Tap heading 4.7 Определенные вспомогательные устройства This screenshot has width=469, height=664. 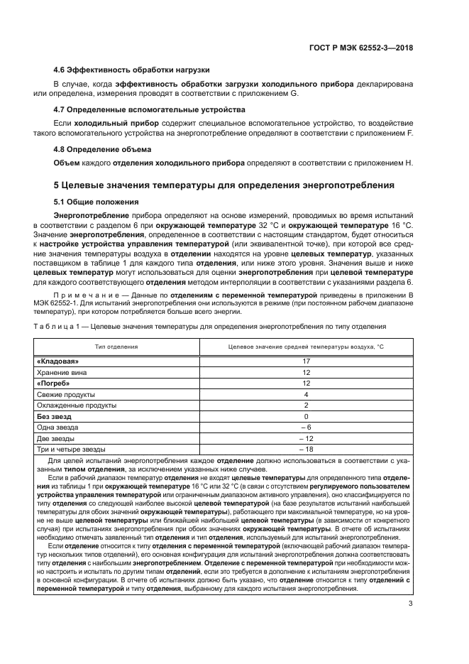[x=150, y=110]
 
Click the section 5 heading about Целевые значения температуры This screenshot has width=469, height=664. [x=224, y=186]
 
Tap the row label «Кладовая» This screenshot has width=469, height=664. [x=57, y=361]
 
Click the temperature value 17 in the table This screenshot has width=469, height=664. [x=306, y=361]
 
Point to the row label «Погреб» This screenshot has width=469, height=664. [x=55, y=383]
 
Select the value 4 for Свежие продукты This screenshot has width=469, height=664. [x=306, y=394]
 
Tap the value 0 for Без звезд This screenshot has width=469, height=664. [x=306, y=416]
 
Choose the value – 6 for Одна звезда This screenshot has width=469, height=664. [x=306, y=427]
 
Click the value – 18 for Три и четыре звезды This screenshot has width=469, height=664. [x=306, y=449]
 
